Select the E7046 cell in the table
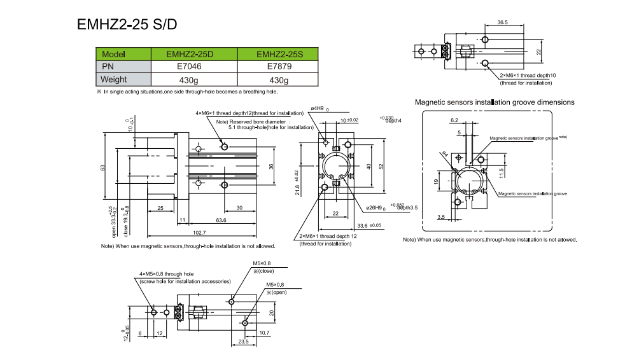193,67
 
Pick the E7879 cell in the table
279,67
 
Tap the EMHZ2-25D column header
193,54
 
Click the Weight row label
115,80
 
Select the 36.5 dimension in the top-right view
502,23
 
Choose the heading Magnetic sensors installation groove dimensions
495,102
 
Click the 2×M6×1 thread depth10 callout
528,76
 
